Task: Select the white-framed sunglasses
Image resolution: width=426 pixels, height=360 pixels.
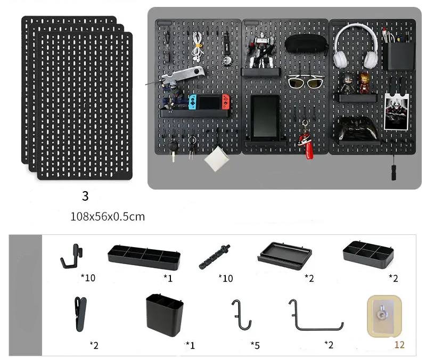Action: coord(306,83)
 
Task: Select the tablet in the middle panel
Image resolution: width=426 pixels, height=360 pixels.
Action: coord(265,117)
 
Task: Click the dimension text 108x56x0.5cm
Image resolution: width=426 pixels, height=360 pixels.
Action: coord(107,217)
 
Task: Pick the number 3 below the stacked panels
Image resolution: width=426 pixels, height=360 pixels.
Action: coord(85,196)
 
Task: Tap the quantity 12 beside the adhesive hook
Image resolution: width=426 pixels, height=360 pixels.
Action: coord(399,345)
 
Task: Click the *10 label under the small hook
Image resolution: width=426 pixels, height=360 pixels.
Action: coord(89,277)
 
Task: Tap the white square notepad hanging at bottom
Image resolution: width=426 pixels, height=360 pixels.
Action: coord(217,159)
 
